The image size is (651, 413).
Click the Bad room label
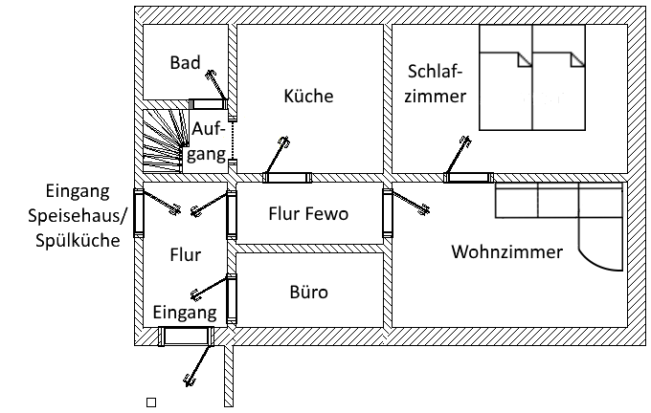pyautogui.click(x=185, y=63)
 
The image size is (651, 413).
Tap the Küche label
pyautogui.click(x=308, y=97)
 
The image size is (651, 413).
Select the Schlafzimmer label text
pyautogui.click(x=436, y=84)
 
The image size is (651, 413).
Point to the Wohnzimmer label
pyautogui.click(x=506, y=252)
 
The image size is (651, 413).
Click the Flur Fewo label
pyautogui.click(x=307, y=214)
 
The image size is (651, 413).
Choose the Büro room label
pyautogui.click(x=307, y=293)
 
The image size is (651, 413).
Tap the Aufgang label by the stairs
pyautogui.click(x=208, y=141)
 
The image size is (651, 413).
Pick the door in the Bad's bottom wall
pyautogui.click(x=205, y=103)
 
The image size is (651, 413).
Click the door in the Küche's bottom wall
pyautogui.click(x=287, y=177)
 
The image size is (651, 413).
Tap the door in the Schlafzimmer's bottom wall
pyautogui.click(x=468, y=177)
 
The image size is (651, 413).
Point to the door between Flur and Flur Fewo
pyautogui.click(x=231, y=214)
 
